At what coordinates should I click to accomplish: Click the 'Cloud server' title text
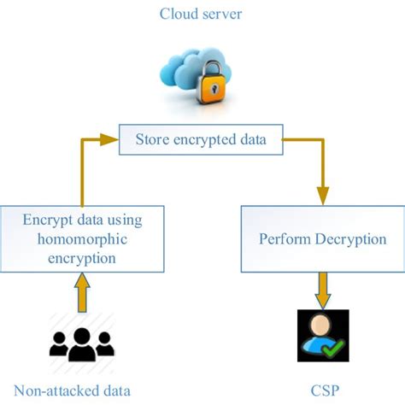tap(202, 13)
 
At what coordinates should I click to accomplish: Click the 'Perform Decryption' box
tap(322, 238)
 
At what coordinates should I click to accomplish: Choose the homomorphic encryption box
tap(82, 238)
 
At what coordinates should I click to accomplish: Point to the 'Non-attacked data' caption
tap(83, 390)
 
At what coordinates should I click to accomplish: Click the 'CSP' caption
tap(322, 390)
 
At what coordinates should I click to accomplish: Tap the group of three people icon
tap(82, 342)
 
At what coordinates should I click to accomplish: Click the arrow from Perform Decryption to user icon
tap(322, 288)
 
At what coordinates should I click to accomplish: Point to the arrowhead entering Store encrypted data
tap(111, 136)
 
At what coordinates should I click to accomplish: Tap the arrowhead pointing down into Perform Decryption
tap(322, 196)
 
